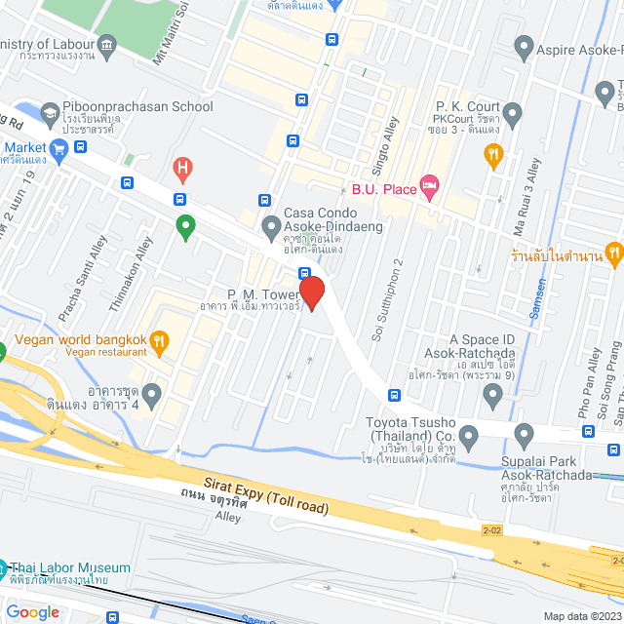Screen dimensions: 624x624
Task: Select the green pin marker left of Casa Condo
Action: coord(185,227)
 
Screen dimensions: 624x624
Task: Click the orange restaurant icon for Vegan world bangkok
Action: coord(161,340)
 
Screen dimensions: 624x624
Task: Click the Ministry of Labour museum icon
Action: coord(107,44)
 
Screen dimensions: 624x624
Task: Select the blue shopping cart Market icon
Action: coord(59,147)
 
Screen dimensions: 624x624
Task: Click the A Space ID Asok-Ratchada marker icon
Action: coord(492,394)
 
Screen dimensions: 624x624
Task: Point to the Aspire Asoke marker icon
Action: coord(524,46)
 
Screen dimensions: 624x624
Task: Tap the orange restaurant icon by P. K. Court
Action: coord(494,153)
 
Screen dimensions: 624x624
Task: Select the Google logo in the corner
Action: coord(32,611)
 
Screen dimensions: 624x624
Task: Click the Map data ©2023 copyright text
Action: coord(581,615)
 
